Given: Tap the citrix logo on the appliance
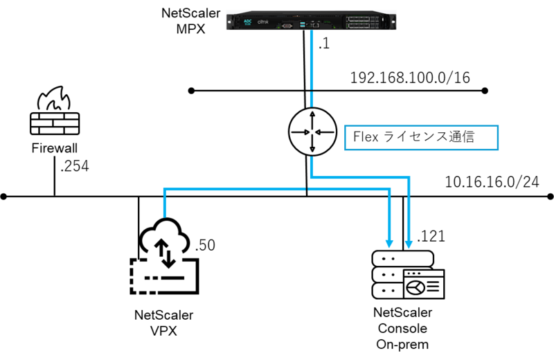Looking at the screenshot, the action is point(263,22).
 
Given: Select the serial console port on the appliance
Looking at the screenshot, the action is point(285,25).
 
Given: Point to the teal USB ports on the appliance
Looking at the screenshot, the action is point(303,24).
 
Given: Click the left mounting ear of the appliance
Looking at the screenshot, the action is point(229,20).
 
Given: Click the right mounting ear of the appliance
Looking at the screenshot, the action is point(395,20).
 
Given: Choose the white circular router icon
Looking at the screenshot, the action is point(312,131).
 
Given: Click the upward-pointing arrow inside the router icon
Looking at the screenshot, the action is point(312,116).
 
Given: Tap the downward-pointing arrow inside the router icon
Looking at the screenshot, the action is point(312,145).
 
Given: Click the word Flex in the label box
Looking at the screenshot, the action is point(364,137).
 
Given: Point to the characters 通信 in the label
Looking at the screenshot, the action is point(461,137).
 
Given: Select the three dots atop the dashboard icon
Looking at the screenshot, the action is point(414,275).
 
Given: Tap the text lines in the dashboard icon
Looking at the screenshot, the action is point(434,287).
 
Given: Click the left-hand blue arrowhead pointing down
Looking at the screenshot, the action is point(389,243).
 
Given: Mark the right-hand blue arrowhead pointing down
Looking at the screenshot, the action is point(409,243).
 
